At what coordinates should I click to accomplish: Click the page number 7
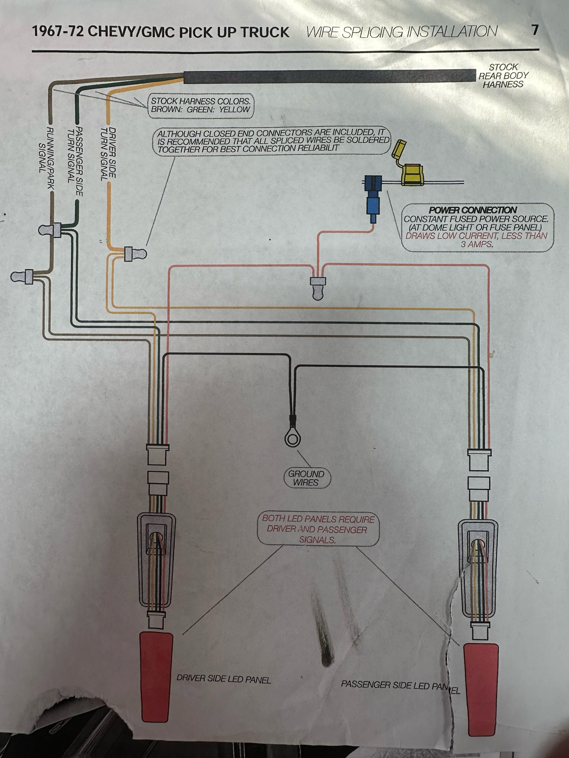[x=534, y=30]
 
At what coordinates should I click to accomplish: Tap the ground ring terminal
[x=292, y=439]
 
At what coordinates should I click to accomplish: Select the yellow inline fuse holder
[x=411, y=175]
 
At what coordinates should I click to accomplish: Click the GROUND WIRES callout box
[x=306, y=478]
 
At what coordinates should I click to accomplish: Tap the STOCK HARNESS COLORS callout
[x=200, y=105]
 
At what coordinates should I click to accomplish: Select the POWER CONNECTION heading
[x=473, y=210]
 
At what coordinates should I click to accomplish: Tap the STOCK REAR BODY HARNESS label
[x=503, y=76]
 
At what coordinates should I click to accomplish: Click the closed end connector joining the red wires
[x=317, y=288]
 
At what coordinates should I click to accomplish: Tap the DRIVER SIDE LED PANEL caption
[x=223, y=679]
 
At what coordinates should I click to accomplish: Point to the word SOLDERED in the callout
[x=366, y=140]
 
